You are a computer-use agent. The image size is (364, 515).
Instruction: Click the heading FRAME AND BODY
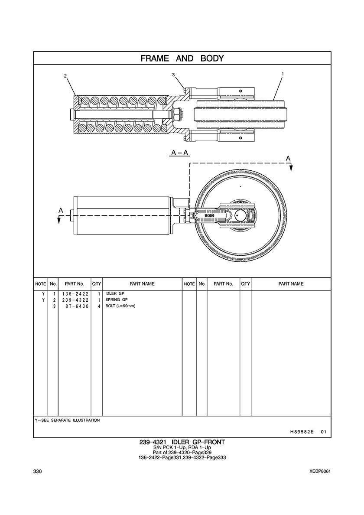coord(182,58)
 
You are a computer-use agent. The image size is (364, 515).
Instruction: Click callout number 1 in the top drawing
coord(283,74)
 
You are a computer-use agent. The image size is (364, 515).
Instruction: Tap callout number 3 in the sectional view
coord(173,75)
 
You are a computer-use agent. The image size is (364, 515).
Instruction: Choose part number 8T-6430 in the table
coord(76,306)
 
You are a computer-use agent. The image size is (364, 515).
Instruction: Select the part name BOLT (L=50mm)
coord(121,306)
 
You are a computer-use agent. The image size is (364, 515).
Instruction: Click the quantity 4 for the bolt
coord(99,306)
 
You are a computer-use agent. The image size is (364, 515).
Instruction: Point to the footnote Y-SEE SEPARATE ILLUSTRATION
coord(67,420)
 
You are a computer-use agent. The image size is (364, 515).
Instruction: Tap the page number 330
coord(37,472)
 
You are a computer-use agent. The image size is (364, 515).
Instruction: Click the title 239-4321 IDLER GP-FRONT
coord(182,442)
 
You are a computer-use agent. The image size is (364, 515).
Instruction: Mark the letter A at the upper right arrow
coord(288,159)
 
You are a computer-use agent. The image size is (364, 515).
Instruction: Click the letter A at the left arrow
coord(61,210)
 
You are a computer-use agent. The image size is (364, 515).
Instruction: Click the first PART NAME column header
coord(142,284)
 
